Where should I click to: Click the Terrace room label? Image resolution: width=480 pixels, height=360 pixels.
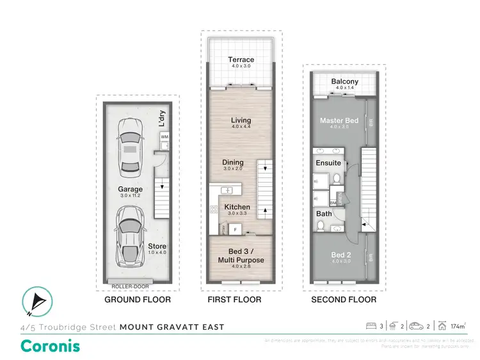click(241, 60)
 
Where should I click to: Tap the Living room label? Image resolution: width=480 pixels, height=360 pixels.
click(241, 120)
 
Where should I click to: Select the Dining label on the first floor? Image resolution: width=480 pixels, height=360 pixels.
click(233, 163)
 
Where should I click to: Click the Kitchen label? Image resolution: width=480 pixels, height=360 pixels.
click(236, 207)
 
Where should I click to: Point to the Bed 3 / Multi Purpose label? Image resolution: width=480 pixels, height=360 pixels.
click(241, 256)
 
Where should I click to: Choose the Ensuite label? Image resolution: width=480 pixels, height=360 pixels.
click(328, 163)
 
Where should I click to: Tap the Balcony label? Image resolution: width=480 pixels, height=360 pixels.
click(345, 82)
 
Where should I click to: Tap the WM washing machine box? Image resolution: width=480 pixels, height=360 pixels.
click(164, 137)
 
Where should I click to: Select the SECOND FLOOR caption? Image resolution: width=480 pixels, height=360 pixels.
click(344, 300)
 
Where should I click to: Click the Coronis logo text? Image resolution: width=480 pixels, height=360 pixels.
click(51, 346)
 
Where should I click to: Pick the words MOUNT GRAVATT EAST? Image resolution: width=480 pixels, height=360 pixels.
click(172, 327)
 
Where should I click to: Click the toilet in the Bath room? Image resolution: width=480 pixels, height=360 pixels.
click(320, 225)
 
